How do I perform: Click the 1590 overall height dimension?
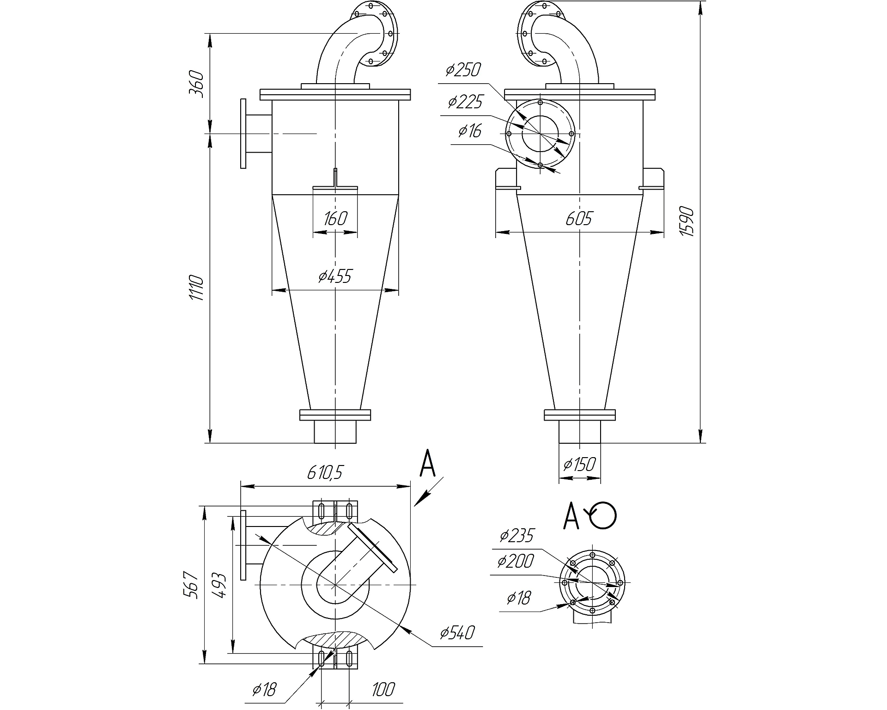point(687,222)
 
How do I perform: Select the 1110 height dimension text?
point(196,288)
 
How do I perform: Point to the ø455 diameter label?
point(335,276)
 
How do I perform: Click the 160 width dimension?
point(335,218)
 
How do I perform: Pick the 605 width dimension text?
point(579,218)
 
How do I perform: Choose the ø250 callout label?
point(463,70)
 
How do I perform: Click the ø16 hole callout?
point(470,131)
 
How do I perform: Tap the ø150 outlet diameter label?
point(580,464)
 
